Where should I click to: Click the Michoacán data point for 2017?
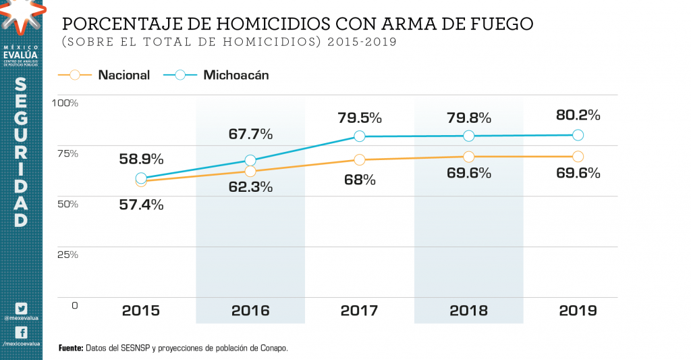pos(360,136)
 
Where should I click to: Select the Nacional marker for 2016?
pos(250,172)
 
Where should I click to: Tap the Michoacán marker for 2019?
pos(578,135)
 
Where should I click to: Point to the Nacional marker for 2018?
pos(469,157)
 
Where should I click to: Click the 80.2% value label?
pos(578,115)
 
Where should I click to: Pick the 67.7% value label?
pos(250,134)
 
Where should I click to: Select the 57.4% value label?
pos(142,205)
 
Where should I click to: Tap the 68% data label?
pos(360,180)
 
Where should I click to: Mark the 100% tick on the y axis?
pos(65,103)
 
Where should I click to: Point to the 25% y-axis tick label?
pos(67,255)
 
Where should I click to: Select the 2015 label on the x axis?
pos(141,311)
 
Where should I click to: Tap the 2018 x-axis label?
pos(469,311)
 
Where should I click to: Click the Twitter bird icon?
pos(21,308)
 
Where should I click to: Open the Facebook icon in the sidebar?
pos(21,333)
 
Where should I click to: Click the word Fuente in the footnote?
pos(71,348)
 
